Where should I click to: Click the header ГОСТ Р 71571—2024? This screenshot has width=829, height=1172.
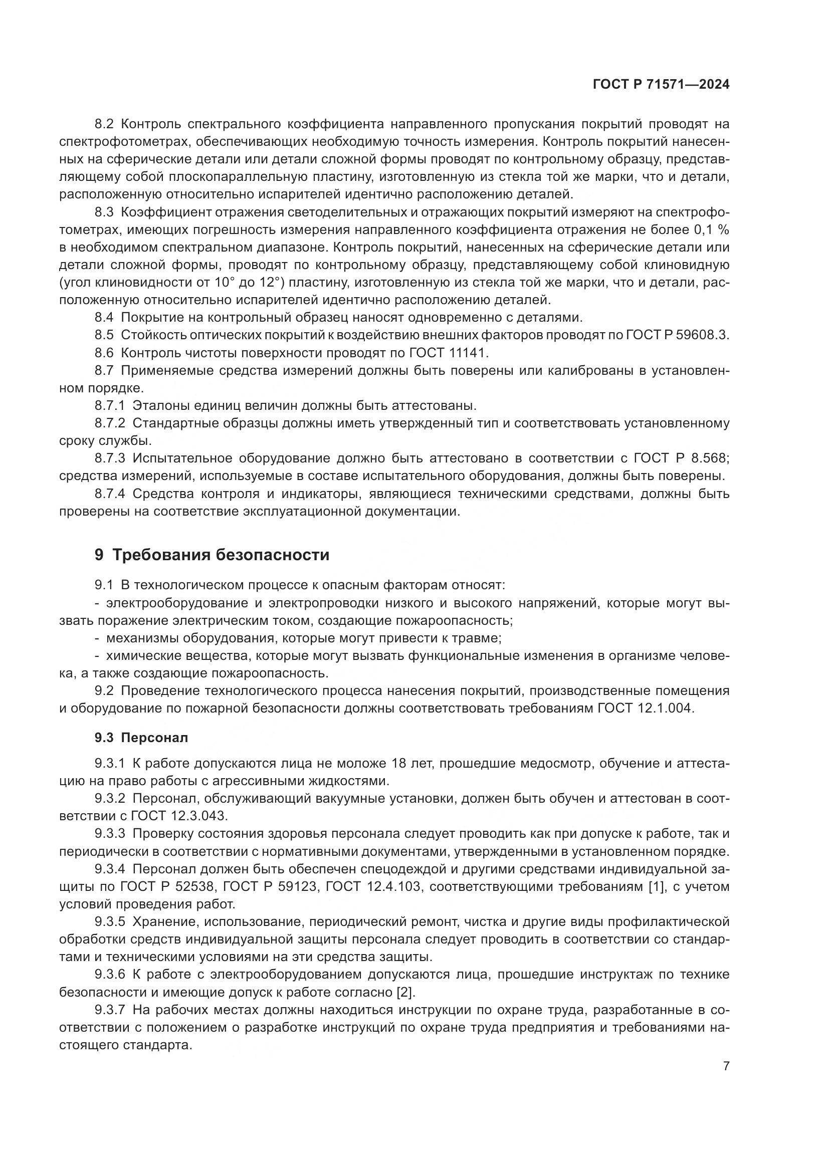[x=661, y=85]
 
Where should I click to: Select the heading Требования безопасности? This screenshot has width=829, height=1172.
[x=220, y=555]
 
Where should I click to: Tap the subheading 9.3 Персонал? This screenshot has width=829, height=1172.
[x=141, y=738]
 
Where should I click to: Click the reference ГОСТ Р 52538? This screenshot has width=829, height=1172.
[x=167, y=886]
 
